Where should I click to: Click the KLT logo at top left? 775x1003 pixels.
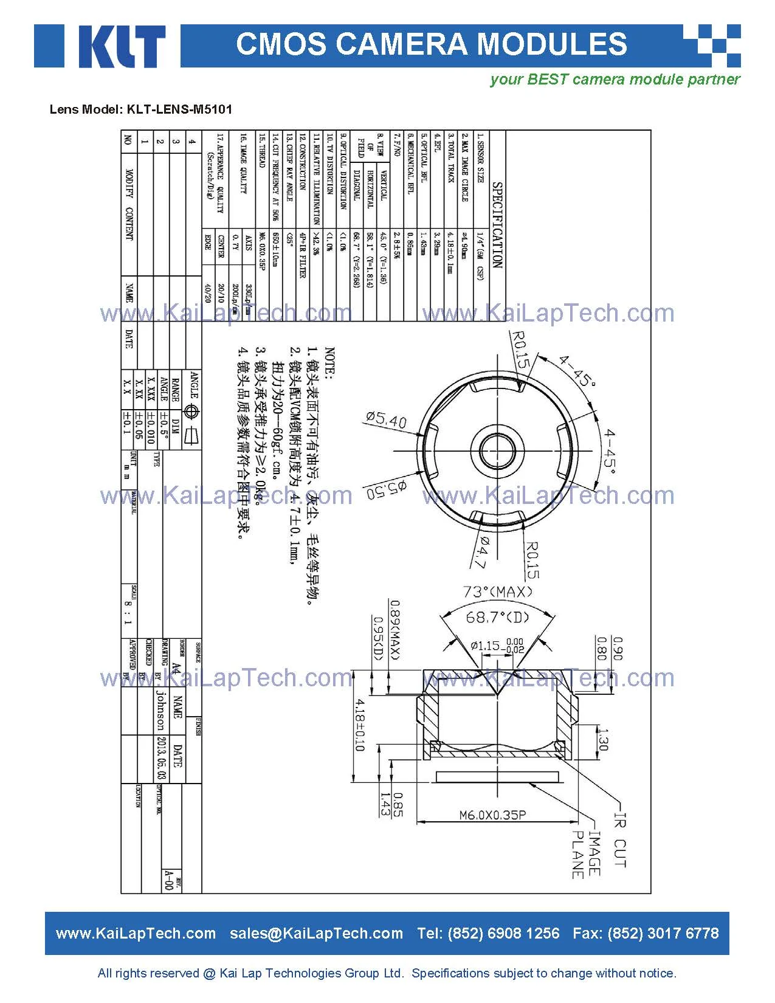[100, 46]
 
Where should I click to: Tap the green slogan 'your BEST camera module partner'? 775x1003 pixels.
[615, 80]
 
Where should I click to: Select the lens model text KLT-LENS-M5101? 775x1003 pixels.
[179, 109]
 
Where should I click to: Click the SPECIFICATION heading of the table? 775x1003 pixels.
[497, 225]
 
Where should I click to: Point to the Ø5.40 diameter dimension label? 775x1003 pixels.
[387, 419]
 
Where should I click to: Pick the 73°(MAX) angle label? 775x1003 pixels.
[498, 591]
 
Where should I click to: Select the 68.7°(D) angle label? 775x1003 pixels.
[497, 617]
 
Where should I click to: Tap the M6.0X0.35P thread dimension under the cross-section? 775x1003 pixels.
[492, 815]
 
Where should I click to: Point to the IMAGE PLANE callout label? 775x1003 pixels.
[587, 855]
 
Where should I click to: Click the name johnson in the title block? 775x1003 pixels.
[160, 710]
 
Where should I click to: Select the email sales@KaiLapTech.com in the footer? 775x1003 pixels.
[316, 933]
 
